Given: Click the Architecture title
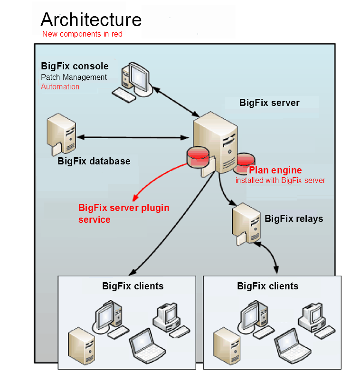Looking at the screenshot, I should (91, 19).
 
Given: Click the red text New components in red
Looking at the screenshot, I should (82, 34).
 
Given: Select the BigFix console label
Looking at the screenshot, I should (75, 67).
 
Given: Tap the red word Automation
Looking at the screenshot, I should (60, 87).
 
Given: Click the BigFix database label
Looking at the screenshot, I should (94, 161).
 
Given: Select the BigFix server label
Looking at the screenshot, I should (269, 103).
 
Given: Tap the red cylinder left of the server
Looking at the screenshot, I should (198, 157).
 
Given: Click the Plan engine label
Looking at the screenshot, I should (275, 170).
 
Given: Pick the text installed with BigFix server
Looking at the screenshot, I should (280, 181).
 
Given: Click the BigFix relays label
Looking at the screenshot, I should (294, 219).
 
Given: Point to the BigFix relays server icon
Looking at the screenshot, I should (245, 223).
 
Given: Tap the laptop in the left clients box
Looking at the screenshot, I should (146, 344).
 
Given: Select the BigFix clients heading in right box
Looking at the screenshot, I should (267, 286).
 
